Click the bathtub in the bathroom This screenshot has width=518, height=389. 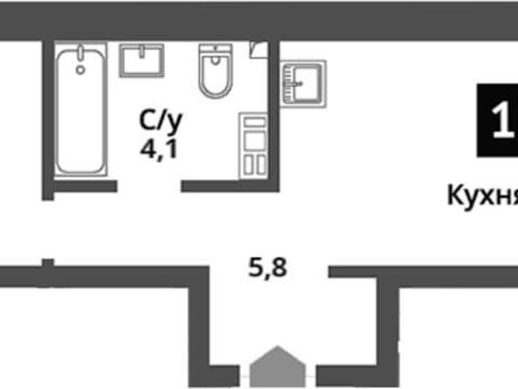81,109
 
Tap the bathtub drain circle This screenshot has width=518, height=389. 80,70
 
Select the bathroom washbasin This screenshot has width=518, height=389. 142,61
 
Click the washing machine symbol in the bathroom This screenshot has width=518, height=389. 253,146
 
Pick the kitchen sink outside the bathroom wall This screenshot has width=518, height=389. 303,83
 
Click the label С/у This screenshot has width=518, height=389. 161,122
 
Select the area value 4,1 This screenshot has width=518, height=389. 159,149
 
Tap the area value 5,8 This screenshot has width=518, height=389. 268,267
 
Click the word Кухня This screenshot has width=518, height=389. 482,196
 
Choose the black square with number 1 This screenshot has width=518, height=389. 497,121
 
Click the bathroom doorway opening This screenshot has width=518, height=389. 149,186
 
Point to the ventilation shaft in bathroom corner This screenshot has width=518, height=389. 258,50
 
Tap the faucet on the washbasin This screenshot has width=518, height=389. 142,52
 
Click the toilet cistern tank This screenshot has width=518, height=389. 216,49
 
